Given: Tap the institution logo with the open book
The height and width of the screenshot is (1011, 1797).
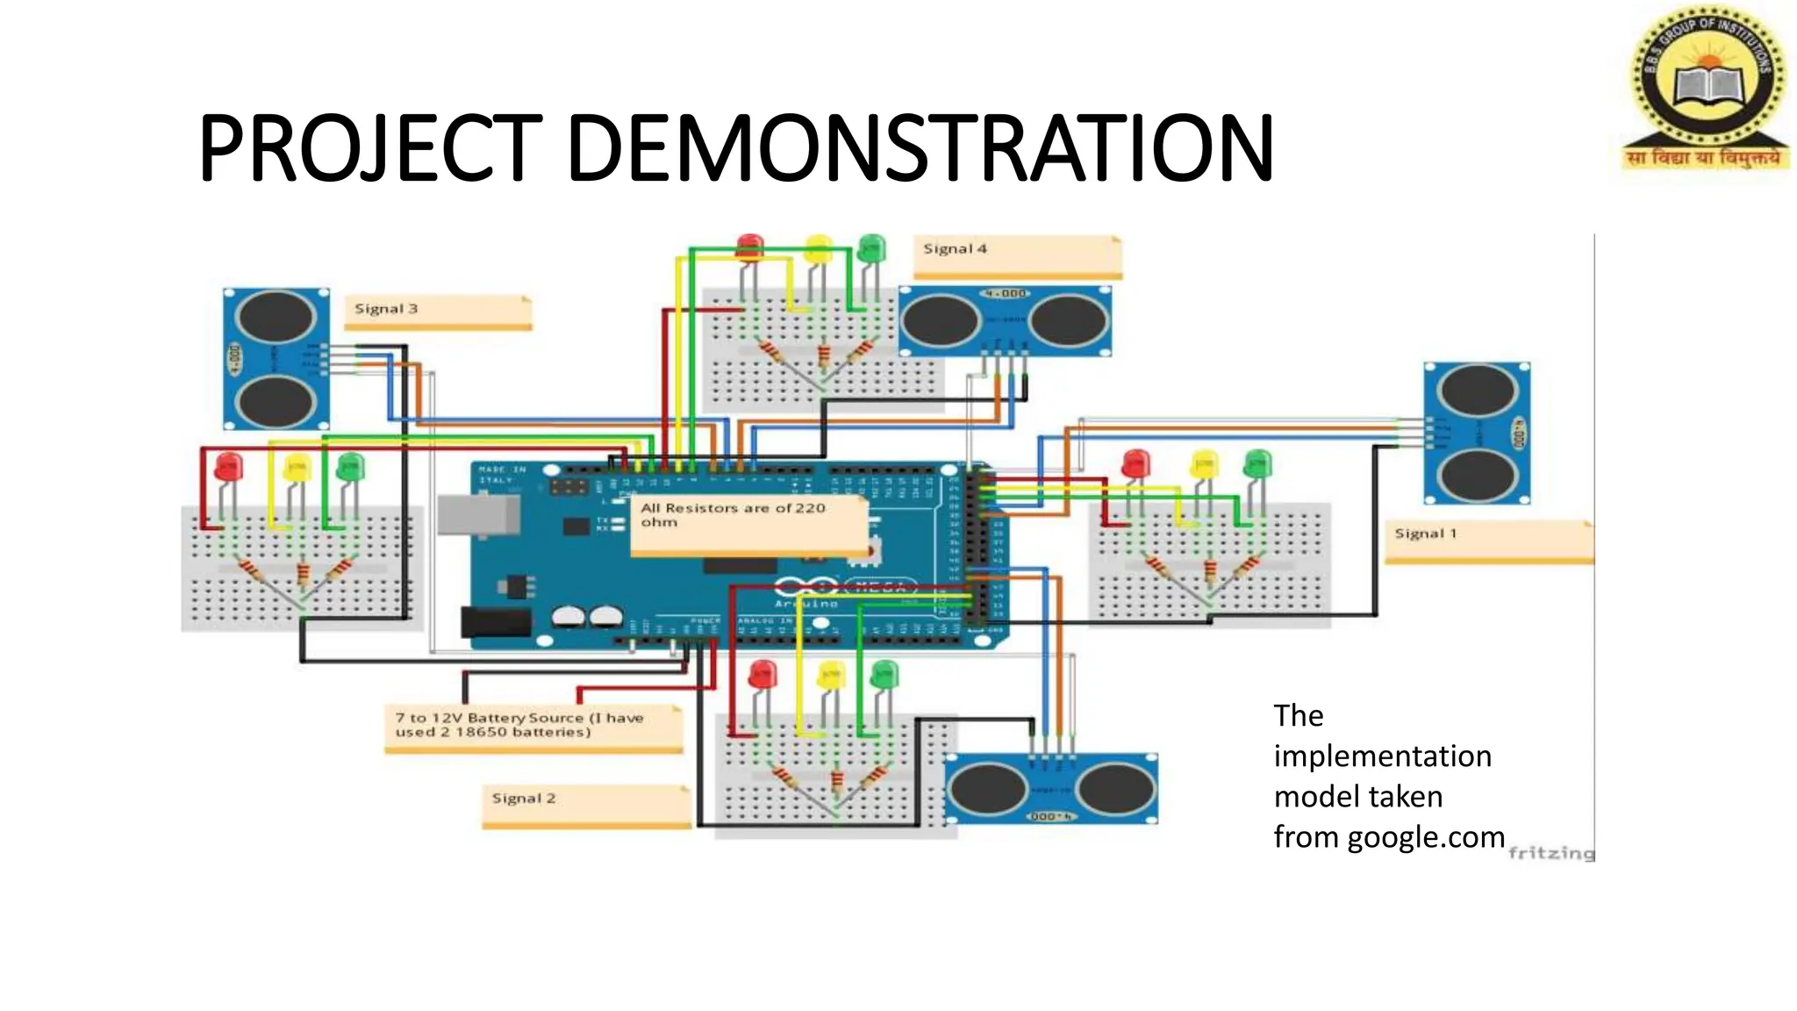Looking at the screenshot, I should [x=1704, y=88].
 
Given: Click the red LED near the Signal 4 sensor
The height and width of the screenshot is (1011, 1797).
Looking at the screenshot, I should [x=749, y=247].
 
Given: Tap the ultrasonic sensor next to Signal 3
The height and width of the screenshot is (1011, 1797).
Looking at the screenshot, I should [x=276, y=358].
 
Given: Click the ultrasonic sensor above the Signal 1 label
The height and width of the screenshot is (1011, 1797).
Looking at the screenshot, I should [x=1477, y=433].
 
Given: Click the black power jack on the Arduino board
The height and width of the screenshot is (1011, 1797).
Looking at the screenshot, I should [x=497, y=621].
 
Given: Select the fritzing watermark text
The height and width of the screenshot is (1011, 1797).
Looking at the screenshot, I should [x=1550, y=853].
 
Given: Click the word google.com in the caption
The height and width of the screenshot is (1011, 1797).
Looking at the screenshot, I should [x=1426, y=837].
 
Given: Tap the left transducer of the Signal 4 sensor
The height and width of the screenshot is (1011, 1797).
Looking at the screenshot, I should [x=940, y=320].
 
